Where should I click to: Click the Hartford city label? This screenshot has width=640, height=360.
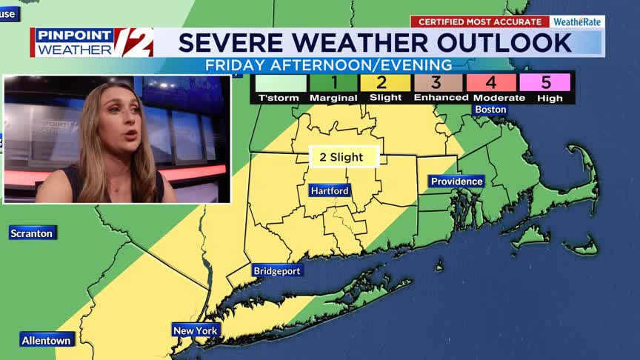tap(330, 191)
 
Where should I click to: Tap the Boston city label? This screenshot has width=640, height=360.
tap(490, 110)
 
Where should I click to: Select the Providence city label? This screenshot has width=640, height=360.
tap(457, 181)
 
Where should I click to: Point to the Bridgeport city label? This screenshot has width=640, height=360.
tap(277, 271)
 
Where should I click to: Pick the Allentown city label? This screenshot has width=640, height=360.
tap(47, 341)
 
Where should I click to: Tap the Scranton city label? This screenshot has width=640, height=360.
tap(32, 233)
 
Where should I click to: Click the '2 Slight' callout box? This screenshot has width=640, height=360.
tap(344, 157)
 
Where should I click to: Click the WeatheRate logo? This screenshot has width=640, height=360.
tap(578, 22)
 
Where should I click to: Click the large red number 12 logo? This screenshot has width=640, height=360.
tap(133, 42)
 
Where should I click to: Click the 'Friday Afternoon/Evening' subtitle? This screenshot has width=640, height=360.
tap(329, 66)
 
